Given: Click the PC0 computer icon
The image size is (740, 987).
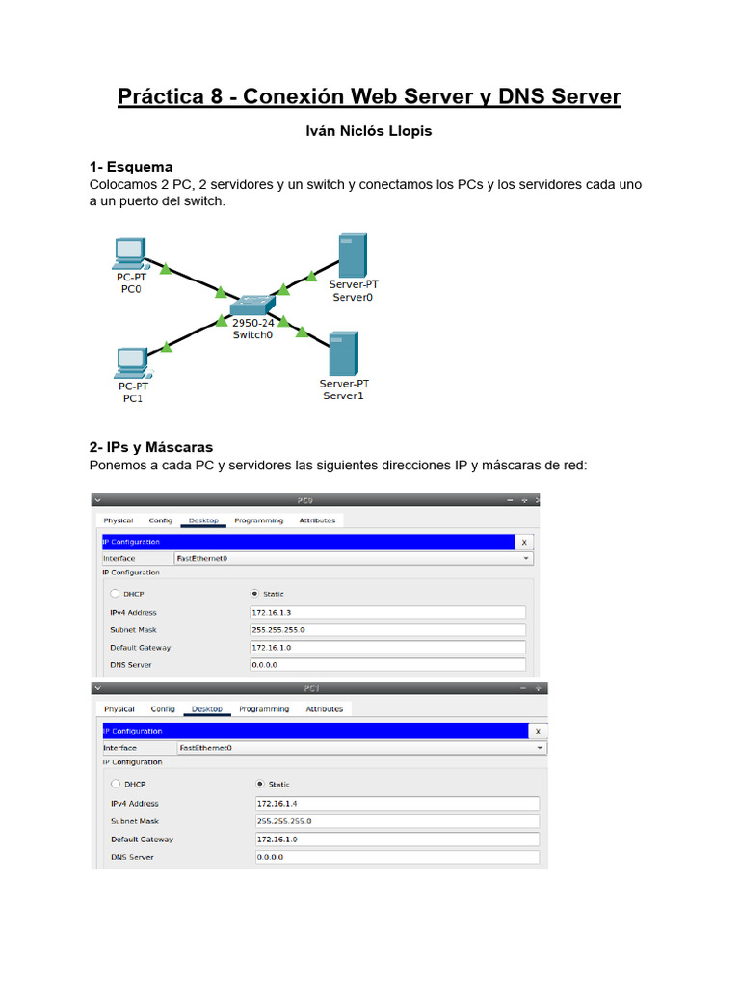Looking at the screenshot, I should tap(129, 253).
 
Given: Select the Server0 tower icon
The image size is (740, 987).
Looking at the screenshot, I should tap(352, 255).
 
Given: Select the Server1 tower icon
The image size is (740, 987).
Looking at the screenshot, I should tap(342, 354).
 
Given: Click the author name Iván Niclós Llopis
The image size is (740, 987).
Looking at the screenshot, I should tap(369, 131).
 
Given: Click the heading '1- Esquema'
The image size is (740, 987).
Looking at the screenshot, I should tap(131, 167).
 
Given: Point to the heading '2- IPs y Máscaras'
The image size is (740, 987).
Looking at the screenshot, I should tap(151, 447).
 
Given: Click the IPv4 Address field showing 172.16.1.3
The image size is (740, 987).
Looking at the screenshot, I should tap(387, 612).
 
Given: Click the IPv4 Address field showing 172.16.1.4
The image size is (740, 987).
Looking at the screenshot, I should tap(396, 803).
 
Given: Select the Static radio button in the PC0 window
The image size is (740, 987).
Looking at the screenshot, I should tap(254, 594).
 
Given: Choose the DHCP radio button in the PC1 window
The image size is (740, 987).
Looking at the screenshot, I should tap(116, 784).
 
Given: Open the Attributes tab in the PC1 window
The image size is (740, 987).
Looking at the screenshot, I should tap(324, 708).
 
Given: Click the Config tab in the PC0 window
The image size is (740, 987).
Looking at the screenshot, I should tap(160, 520).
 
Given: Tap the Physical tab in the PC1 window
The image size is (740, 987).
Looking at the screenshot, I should tap(119, 708).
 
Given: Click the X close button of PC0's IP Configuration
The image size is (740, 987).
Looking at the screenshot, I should tap(524, 542).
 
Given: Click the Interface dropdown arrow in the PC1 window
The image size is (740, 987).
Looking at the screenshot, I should tap(540, 748).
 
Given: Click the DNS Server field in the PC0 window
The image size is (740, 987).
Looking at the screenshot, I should tap(387, 664).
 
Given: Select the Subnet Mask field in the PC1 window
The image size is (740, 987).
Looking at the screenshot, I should tap(396, 821).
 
